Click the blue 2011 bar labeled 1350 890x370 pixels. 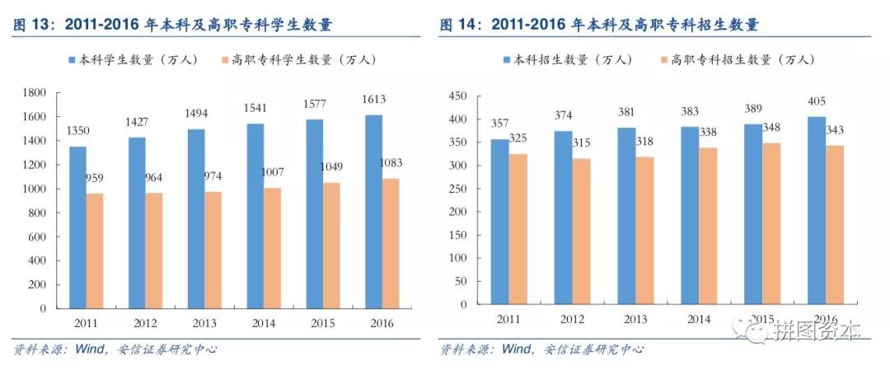click(x=77, y=227)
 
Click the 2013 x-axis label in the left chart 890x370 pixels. click(x=204, y=323)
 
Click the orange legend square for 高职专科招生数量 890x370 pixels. click(x=664, y=59)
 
